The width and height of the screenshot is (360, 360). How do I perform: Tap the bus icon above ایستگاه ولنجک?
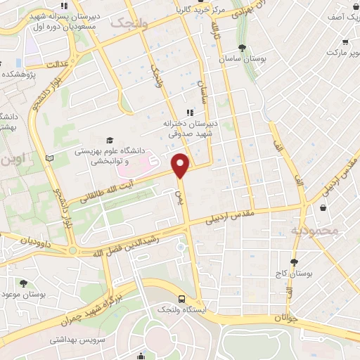(182, 298)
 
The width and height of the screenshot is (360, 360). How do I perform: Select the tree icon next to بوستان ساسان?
(241, 48)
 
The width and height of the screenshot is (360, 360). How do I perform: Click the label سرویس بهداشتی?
(77, 338)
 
